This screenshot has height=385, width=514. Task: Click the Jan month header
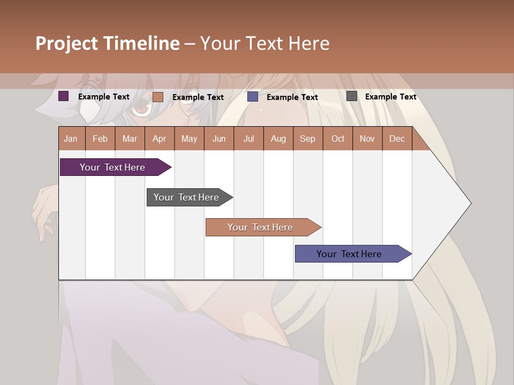pos(71,138)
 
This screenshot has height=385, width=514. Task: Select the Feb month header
pos(100,138)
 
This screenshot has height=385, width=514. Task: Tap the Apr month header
pos(159,138)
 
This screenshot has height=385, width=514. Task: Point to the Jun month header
pos(219,138)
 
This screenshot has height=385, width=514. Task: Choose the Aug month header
pos(278,138)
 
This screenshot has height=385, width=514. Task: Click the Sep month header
pos(307,138)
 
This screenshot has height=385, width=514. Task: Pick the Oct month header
pos(338,138)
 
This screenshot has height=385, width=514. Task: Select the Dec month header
pos(397,138)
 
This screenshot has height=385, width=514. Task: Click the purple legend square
pos(64,96)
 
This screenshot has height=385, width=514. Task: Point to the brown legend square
pos(158,97)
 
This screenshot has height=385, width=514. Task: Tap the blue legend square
pos(253,97)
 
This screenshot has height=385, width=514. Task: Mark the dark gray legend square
pos(352,96)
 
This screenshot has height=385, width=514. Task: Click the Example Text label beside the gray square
pos(390,97)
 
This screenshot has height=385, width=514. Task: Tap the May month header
pos(189,138)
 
